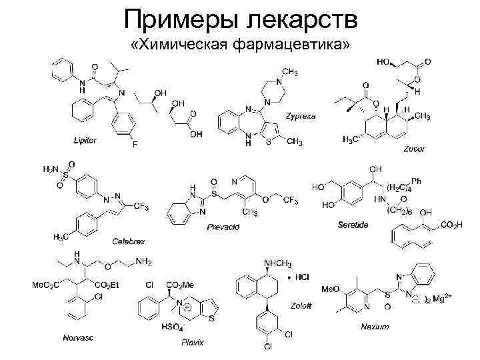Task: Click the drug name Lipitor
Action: tap(85, 140)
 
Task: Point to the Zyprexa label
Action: tap(301, 115)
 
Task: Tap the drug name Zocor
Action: tap(414, 149)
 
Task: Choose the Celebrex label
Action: tap(128, 240)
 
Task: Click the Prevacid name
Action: tap(223, 228)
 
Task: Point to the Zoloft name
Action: tap(300, 305)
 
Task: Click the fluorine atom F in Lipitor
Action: tap(134, 145)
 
